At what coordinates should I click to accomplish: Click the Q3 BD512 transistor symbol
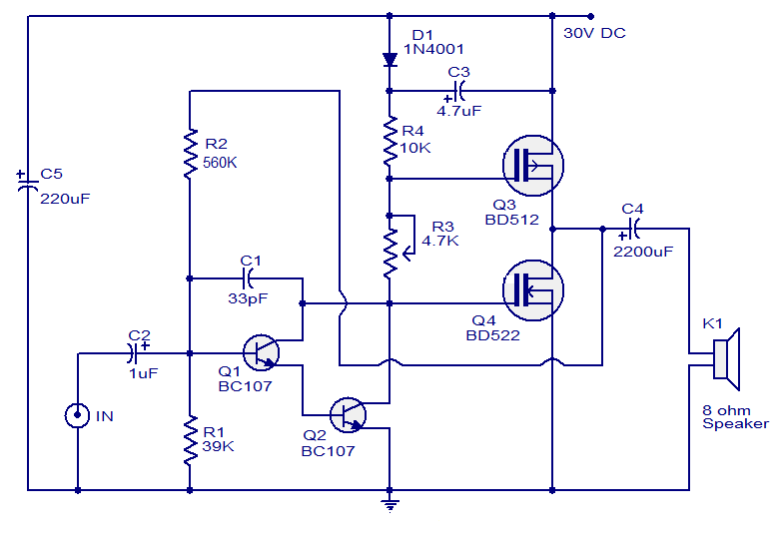click(x=533, y=166)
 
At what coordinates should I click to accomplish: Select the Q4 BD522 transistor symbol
click(x=533, y=290)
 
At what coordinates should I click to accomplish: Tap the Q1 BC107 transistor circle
click(x=262, y=352)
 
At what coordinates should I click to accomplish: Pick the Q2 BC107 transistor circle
click(x=348, y=415)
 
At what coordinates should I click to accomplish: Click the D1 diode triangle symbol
click(x=389, y=60)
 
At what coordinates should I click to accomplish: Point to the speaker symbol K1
click(x=726, y=359)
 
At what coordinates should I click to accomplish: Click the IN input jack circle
click(x=77, y=415)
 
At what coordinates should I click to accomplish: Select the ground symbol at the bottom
click(x=389, y=506)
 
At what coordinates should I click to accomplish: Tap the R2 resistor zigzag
click(x=190, y=154)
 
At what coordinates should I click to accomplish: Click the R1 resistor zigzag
click(x=190, y=440)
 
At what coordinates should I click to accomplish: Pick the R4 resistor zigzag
click(x=389, y=141)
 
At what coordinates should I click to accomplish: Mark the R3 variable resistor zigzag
click(x=390, y=254)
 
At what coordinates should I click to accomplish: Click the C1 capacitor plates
click(x=248, y=278)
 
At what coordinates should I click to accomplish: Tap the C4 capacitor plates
click(x=634, y=229)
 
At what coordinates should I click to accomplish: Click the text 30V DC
click(x=594, y=33)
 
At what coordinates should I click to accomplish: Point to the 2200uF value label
click(x=643, y=252)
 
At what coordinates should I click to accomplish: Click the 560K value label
click(x=220, y=163)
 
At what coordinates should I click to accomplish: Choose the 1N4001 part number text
click(x=433, y=49)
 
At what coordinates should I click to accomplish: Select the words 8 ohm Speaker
click(x=735, y=417)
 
